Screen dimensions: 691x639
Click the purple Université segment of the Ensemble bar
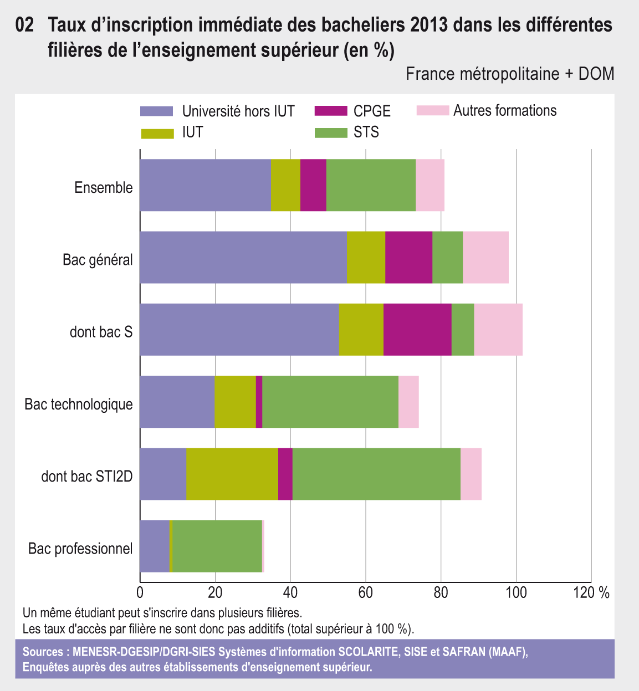click(x=205, y=185)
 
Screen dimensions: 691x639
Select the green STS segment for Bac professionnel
click(x=217, y=546)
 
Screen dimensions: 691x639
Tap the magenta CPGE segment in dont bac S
click(x=417, y=330)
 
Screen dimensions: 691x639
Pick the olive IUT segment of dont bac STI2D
click(x=232, y=474)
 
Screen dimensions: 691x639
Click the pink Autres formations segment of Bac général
click(x=485, y=258)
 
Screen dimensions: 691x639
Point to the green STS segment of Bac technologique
click(x=330, y=402)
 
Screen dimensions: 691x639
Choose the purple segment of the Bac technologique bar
click(x=177, y=402)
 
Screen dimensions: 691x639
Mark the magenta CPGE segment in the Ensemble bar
click(x=313, y=185)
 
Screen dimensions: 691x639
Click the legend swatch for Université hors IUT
click(x=157, y=111)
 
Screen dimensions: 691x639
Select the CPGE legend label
click(x=372, y=111)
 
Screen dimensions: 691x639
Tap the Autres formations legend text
click(x=505, y=111)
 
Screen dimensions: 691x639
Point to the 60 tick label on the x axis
click(x=365, y=593)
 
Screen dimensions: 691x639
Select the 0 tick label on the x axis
click(x=140, y=593)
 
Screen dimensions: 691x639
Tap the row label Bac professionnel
click(x=80, y=549)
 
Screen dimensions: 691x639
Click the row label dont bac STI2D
click(x=87, y=477)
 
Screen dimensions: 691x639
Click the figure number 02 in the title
click(x=25, y=25)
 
